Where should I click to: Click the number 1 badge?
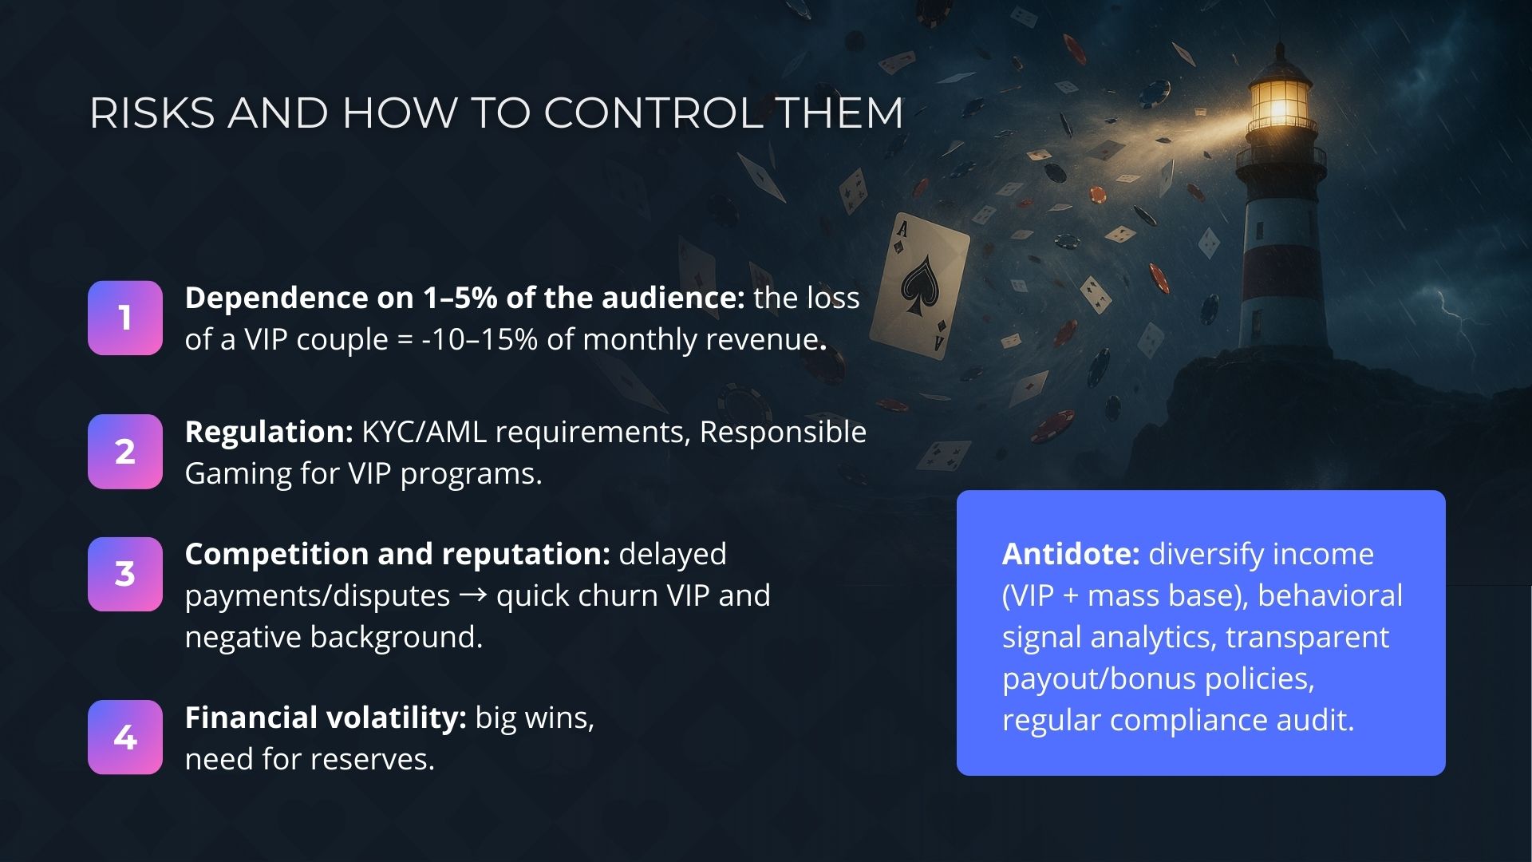click(125, 318)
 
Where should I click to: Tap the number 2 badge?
click(125, 452)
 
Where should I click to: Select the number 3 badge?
click(125, 574)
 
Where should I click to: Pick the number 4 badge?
click(125, 737)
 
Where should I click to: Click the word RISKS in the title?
click(152, 113)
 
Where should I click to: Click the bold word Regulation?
click(269, 433)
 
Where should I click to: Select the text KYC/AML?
click(424, 433)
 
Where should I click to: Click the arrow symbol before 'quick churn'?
click(473, 595)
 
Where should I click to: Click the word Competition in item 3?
click(276, 555)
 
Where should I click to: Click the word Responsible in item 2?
click(783, 433)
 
